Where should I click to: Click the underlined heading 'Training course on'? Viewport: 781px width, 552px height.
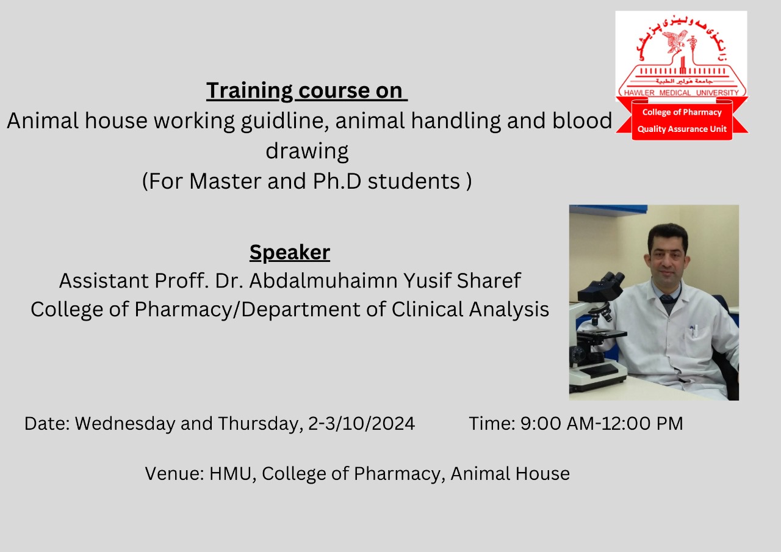307,91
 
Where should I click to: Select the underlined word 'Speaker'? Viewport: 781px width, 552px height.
290,252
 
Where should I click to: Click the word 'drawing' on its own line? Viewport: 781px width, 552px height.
307,151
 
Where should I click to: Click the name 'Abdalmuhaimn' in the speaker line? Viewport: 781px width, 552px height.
323,280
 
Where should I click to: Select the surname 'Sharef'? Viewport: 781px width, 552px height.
489,280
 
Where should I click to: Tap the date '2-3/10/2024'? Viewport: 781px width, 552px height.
362,424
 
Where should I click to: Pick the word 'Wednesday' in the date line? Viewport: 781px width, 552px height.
125,424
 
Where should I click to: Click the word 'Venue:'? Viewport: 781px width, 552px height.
175,474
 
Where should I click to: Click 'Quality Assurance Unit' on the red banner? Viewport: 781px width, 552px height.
682,129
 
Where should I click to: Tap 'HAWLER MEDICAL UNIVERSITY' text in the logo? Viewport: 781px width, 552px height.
682,92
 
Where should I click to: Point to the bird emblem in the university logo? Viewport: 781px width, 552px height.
674,40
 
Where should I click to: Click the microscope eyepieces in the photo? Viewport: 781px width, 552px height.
612,279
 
